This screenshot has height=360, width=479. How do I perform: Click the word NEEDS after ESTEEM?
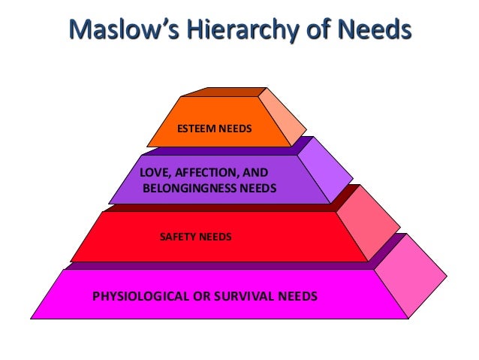(234, 129)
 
